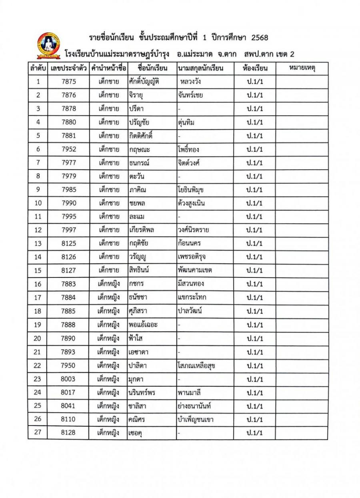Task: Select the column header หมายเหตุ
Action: point(302,68)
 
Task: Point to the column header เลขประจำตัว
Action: point(68,68)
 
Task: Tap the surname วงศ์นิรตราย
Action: point(194,230)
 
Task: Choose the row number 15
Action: point(38,270)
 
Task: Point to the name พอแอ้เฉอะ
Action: point(143,325)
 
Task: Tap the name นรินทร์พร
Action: point(142,392)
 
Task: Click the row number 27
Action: point(38,433)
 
